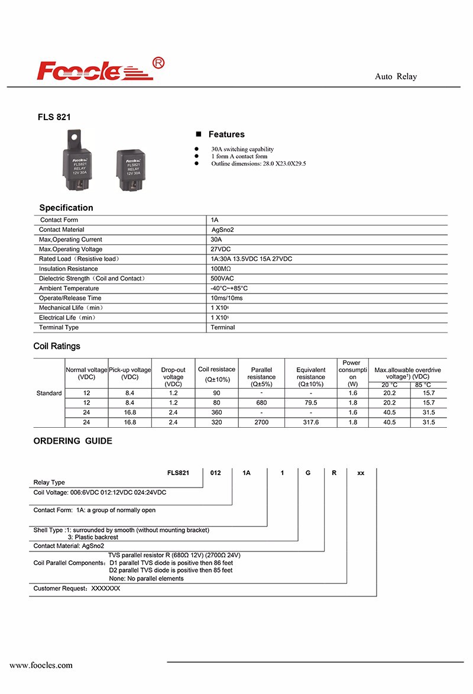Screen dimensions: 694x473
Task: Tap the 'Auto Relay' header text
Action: (x=396, y=77)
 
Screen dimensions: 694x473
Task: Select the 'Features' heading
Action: (x=226, y=135)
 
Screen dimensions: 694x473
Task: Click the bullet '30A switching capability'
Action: (x=242, y=149)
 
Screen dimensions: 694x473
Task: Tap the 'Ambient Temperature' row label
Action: (x=69, y=288)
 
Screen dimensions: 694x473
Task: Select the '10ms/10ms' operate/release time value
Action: (x=226, y=298)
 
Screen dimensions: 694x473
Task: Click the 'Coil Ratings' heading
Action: (x=57, y=346)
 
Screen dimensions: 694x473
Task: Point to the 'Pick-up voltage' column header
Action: (x=129, y=373)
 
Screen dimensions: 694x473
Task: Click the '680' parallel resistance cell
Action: (x=261, y=402)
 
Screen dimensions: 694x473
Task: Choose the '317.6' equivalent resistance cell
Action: (x=310, y=422)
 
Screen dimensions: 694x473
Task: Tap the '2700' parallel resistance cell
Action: (x=261, y=422)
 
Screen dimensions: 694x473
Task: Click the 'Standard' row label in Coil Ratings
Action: (x=49, y=393)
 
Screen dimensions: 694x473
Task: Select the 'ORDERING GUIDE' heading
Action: (x=72, y=441)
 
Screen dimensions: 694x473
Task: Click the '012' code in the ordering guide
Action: (x=216, y=473)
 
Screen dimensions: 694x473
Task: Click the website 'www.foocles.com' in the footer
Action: (x=41, y=665)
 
